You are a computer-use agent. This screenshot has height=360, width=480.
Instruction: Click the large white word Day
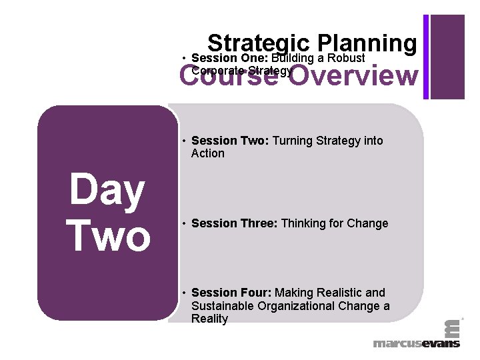pos(107,191)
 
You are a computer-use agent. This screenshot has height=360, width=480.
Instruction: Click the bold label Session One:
pos(229,58)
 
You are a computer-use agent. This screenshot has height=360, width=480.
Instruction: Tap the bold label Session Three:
pos(235,223)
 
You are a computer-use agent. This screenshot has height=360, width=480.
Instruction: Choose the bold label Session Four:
pos(231,293)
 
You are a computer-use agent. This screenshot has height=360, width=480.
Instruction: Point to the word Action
pos(208,153)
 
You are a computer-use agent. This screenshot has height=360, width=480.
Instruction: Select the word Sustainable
pos(223,306)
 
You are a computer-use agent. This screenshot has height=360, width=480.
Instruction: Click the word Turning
pos(297,141)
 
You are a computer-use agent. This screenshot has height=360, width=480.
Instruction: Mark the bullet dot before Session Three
pos(183,224)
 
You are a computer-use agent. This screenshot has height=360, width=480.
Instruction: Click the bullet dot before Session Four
pos(183,293)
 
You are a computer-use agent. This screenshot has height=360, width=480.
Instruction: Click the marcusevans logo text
pos(416,343)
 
